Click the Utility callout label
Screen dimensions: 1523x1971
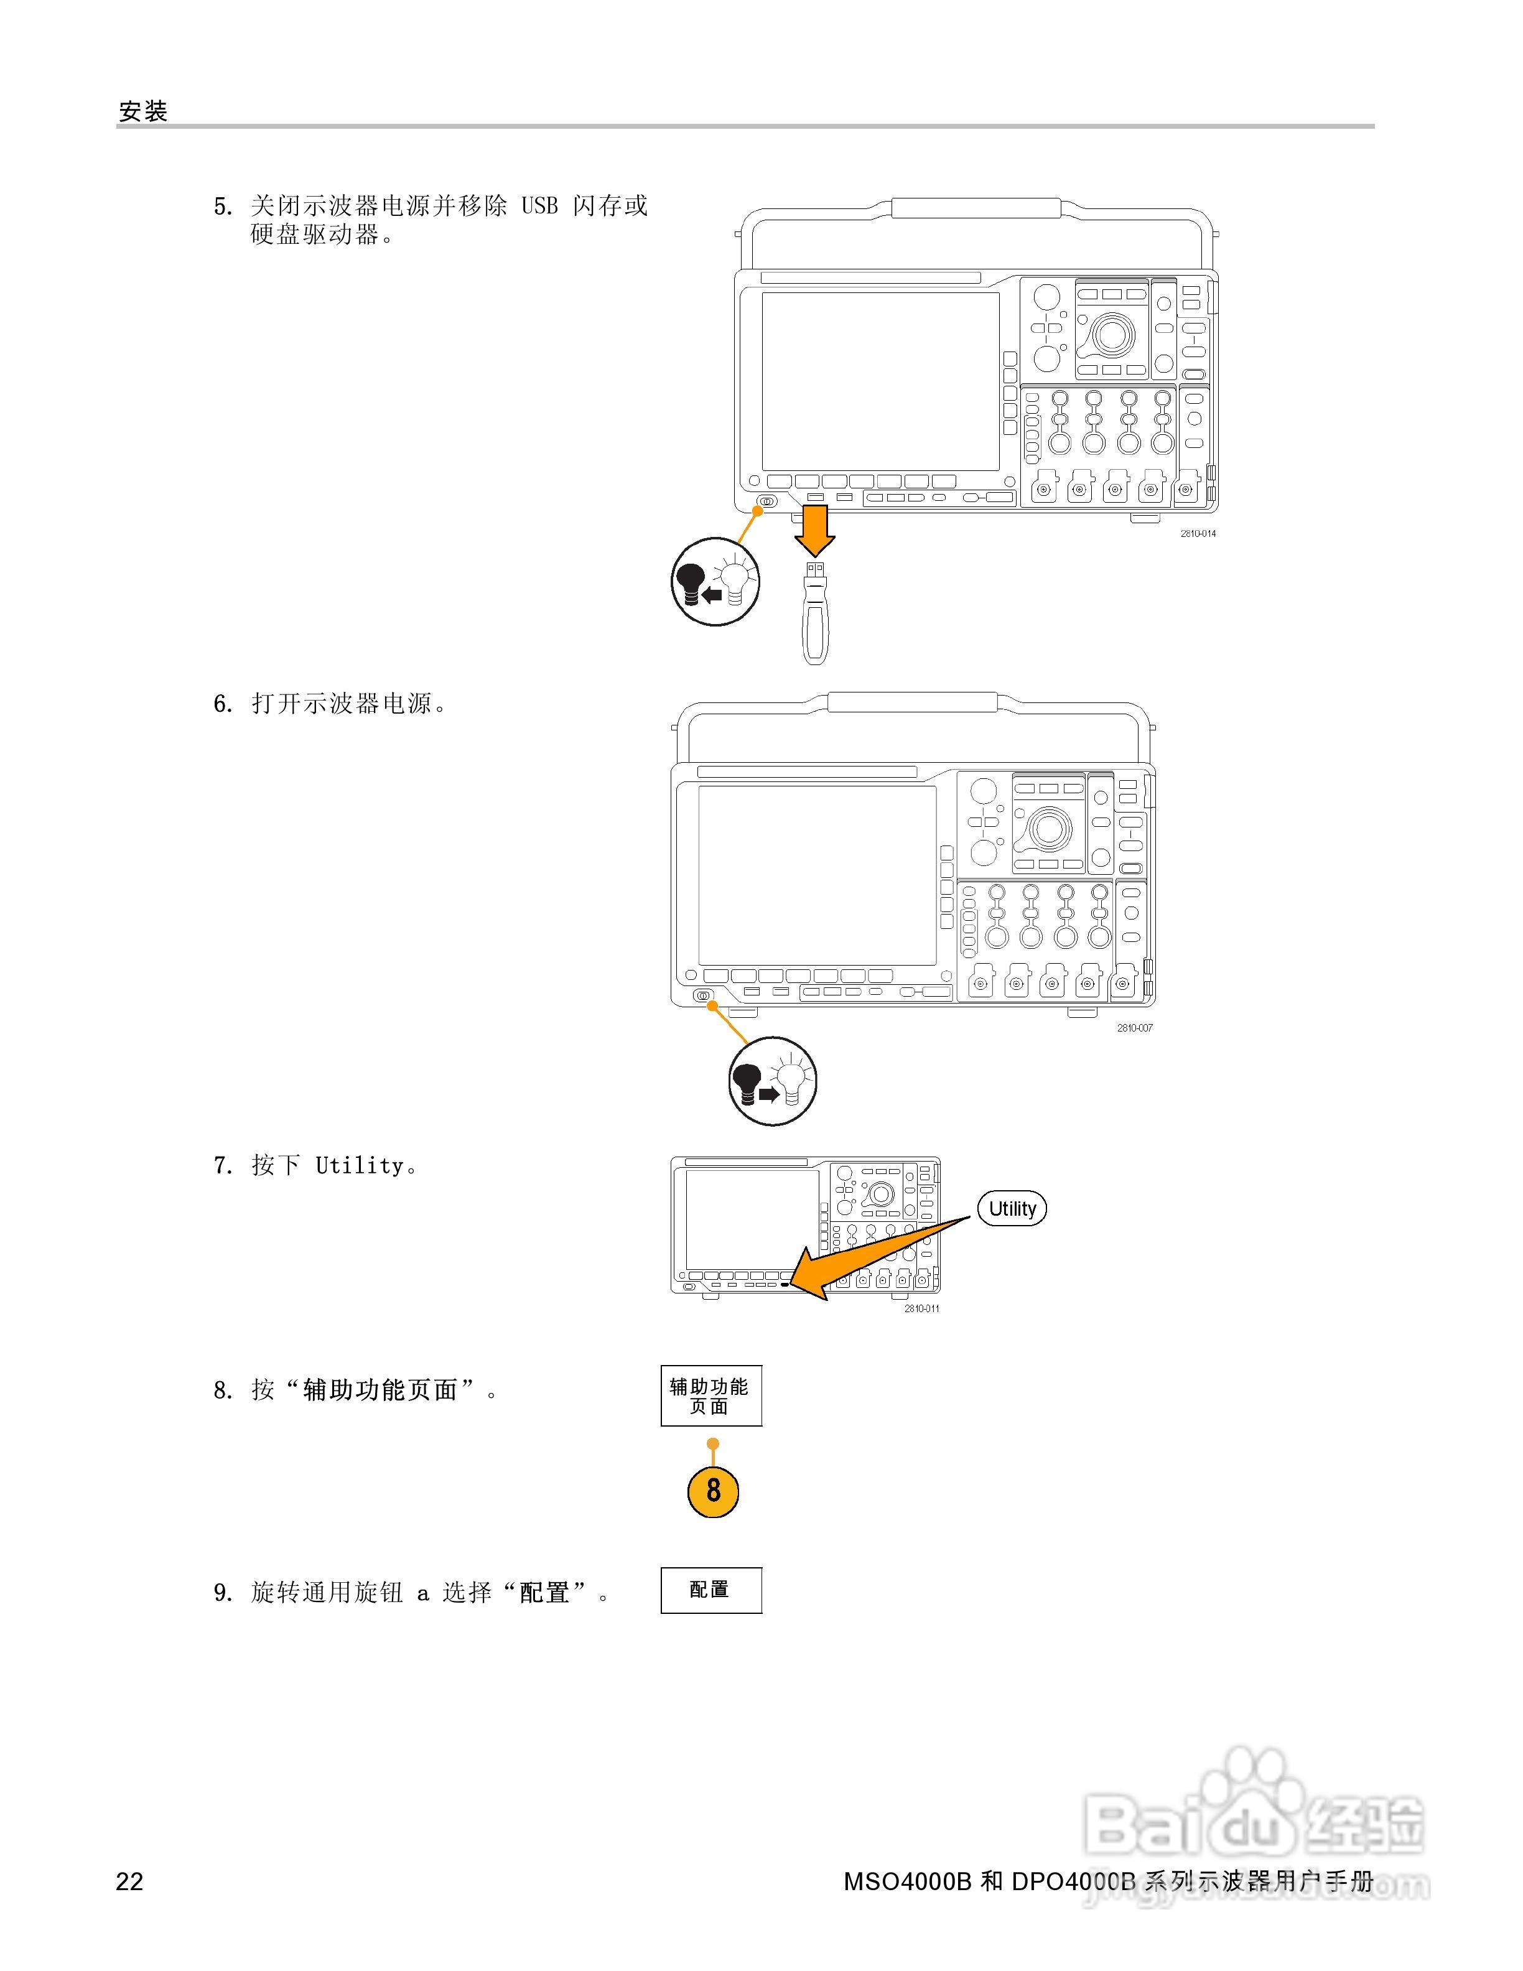tap(1012, 1208)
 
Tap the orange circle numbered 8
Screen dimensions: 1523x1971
tap(713, 1490)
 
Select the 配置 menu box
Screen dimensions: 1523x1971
tap(711, 1590)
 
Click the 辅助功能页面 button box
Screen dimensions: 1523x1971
tap(711, 1396)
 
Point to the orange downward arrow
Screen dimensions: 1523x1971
tap(815, 531)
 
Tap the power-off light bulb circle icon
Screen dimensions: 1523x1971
tap(715, 582)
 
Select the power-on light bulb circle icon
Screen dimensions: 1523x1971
tap(772, 1080)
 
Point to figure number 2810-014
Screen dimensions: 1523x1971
tap(1198, 533)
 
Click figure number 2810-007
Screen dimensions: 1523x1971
tap(1134, 1028)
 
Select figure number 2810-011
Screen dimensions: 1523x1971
tap(921, 1308)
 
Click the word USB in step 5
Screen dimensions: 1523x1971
tap(539, 206)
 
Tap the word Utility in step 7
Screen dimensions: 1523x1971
tap(359, 1166)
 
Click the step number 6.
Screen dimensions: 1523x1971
tap(223, 704)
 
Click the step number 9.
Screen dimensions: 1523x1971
tap(223, 1593)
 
